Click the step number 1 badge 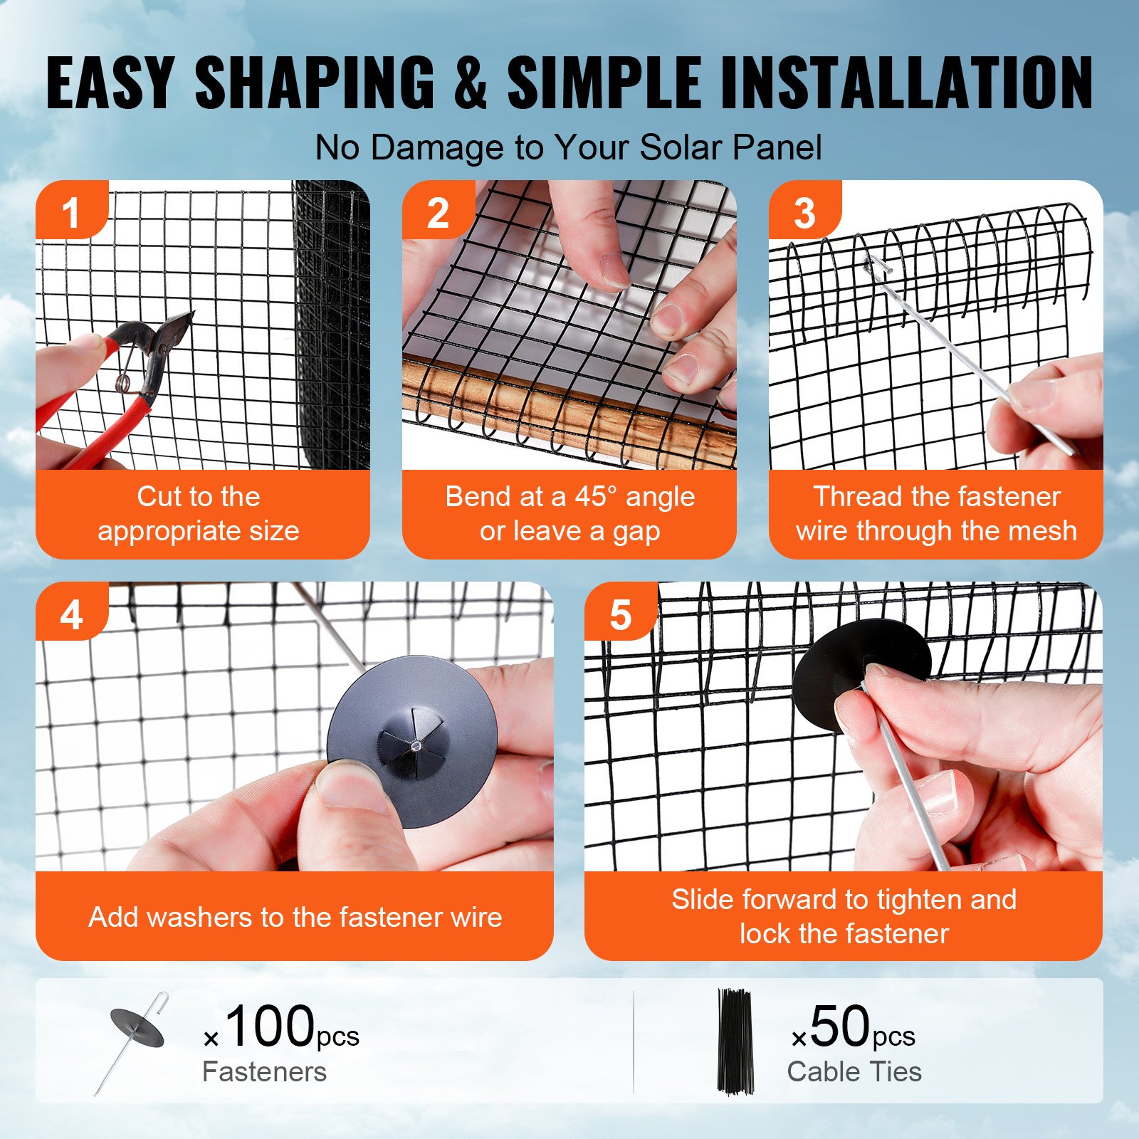70,212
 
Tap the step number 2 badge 437,212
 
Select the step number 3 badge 804,212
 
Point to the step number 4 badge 70,614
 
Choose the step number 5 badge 620,614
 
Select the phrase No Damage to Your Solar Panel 568,148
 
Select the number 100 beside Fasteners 269,1026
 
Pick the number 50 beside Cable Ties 839,1026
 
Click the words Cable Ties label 854,1072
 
